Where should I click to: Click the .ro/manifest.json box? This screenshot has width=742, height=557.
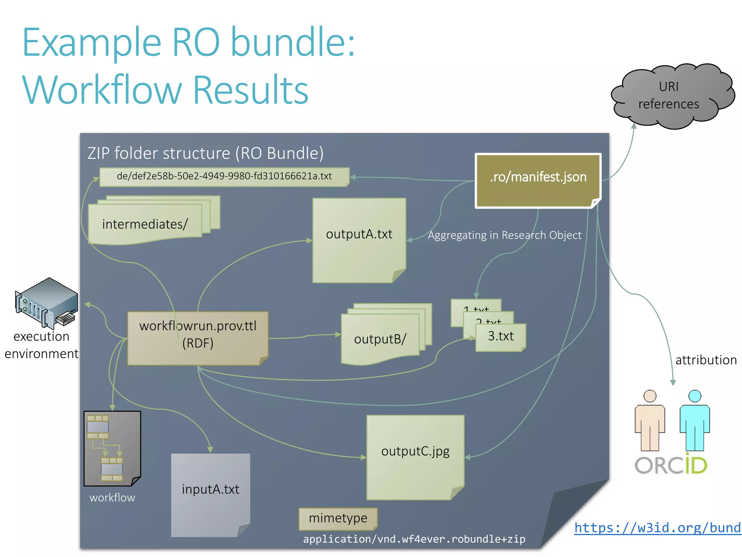click(x=538, y=180)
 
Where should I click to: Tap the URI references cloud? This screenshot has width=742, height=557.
click(x=669, y=96)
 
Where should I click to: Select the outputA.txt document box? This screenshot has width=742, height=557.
click(x=359, y=239)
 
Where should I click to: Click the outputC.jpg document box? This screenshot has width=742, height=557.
click(x=415, y=457)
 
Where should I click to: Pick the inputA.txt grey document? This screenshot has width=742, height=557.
click(x=210, y=495)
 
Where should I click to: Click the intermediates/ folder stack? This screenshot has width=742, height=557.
click(x=145, y=223)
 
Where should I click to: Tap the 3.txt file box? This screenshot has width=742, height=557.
click(x=501, y=337)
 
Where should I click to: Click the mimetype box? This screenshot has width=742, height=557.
click(x=338, y=518)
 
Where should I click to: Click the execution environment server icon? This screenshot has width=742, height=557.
click(x=47, y=303)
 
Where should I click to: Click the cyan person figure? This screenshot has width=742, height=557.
click(x=695, y=421)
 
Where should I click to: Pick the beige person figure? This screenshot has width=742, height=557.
click(x=650, y=421)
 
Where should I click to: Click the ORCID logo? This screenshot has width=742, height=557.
click(x=671, y=465)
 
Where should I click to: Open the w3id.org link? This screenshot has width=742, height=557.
click(x=658, y=528)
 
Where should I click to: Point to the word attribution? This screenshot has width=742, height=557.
click(x=706, y=360)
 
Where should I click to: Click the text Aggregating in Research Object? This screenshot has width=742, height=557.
click(x=504, y=235)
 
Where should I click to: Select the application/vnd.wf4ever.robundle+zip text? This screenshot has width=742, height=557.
click(x=414, y=539)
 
